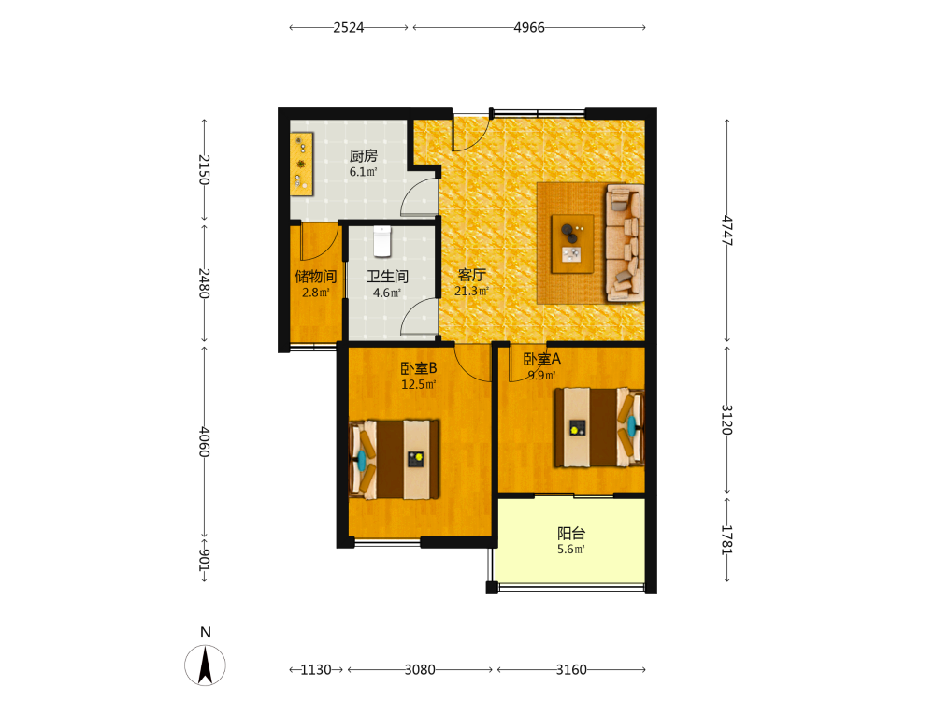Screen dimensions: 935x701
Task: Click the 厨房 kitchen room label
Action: (363, 156)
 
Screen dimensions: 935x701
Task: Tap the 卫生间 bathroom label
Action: (387, 277)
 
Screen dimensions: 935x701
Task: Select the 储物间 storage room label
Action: (315, 277)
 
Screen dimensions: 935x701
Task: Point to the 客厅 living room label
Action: (471, 275)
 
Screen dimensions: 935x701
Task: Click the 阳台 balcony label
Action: (571, 533)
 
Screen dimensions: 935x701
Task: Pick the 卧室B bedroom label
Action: (419, 368)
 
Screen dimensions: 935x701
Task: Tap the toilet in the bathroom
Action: (382, 241)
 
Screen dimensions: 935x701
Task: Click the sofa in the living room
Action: (625, 243)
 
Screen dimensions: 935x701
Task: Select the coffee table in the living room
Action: (572, 243)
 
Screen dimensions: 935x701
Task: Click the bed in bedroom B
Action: (395, 460)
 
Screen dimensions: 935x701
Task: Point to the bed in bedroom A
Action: (599, 427)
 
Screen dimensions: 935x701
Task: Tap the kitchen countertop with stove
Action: (302, 164)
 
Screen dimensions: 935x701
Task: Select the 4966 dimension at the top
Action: (529, 27)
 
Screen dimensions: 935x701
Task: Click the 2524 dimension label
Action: (348, 27)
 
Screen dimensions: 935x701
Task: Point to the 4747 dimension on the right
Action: (727, 230)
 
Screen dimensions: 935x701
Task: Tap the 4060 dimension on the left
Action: (205, 442)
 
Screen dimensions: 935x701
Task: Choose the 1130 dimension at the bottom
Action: (315, 670)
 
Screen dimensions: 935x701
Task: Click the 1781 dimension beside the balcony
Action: (727, 540)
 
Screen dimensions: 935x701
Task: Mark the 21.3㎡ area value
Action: (471, 291)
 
